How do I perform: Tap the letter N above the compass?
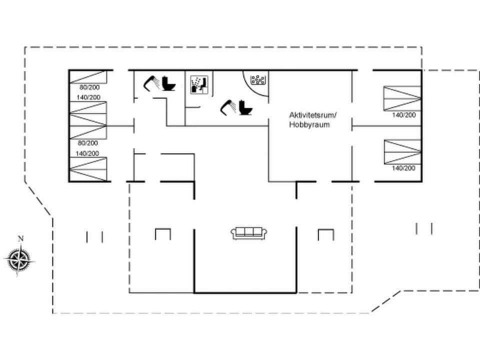tap(20, 238)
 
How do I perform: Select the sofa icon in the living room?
tap(249, 232)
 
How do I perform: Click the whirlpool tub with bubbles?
tap(257, 79)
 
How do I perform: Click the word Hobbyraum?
tap(309, 125)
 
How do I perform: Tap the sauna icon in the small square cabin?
tap(199, 84)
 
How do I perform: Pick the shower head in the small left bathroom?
tap(151, 82)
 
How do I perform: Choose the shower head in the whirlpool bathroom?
tap(227, 106)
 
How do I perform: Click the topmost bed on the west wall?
tap(88, 76)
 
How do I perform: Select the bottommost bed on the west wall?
tap(88, 169)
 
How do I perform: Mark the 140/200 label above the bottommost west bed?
tap(87, 153)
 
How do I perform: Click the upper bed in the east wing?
tap(402, 98)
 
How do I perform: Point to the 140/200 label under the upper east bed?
tap(403, 115)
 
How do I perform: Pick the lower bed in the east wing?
tap(402, 151)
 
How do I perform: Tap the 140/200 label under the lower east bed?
tap(403, 168)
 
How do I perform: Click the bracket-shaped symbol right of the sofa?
tap(326, 234)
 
